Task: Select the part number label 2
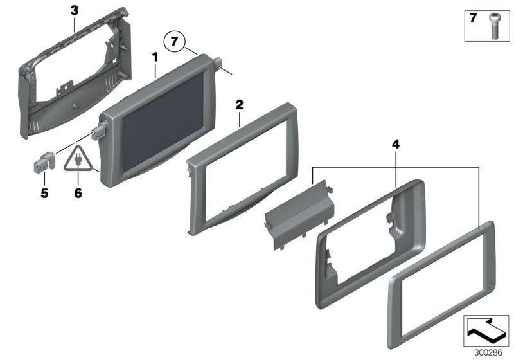(x=239, y=104)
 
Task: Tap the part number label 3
(x=75, y=10)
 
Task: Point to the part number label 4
(x=396, y=146)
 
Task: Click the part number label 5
(x=45, y=191)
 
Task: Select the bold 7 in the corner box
(x=473, y=19)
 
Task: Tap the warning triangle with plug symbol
(x=78, y=161)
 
